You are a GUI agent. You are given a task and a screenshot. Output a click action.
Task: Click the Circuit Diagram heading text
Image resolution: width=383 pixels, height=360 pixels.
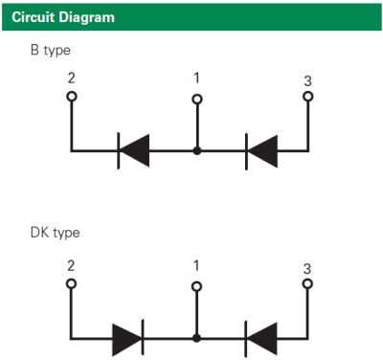click(x=63, y=17)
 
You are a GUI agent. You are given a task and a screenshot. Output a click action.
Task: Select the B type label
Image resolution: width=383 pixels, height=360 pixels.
click(x=50, y=50)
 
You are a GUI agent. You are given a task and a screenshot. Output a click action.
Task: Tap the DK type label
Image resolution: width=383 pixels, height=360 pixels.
click(x=54, y=233)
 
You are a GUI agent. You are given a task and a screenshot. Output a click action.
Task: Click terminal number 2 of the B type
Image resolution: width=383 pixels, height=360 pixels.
click(x=71, y=78)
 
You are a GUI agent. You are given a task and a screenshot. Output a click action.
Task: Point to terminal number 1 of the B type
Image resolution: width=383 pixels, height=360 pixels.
click(x=196, y=78)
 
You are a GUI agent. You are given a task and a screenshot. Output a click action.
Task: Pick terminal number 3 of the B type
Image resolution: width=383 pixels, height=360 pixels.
click(x=307, y=80)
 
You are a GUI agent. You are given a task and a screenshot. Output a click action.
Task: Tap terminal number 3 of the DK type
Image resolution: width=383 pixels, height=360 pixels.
click(x=307, y=268)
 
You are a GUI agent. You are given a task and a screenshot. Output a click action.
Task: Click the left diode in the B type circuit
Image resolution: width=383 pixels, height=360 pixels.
click(x=133, y=150)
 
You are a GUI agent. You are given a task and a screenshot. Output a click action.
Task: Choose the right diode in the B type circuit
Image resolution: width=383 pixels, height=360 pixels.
click(x=261, y=150)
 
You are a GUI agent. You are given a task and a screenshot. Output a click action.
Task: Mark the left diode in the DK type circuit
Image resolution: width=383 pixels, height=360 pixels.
click(x=128, y=338)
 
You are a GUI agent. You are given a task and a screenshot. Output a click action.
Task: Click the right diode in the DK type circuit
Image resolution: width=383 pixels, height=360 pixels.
click(x=261, y=338)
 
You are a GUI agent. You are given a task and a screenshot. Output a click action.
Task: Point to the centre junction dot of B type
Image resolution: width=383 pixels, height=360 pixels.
click(x=197, y=150)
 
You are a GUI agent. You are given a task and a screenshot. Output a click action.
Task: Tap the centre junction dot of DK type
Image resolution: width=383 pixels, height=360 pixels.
click(x=197, y=338)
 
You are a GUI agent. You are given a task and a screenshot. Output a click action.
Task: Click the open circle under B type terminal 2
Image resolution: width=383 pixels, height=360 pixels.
click(x=71, y=97)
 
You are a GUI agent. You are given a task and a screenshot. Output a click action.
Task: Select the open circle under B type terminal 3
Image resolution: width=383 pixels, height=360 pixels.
click(x=307, y=97)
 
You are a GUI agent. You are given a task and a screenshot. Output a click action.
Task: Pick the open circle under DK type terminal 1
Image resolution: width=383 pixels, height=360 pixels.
click(x=197, y=285)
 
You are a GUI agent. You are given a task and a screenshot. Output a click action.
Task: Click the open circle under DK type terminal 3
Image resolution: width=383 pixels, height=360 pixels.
click(x=307, y=284)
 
